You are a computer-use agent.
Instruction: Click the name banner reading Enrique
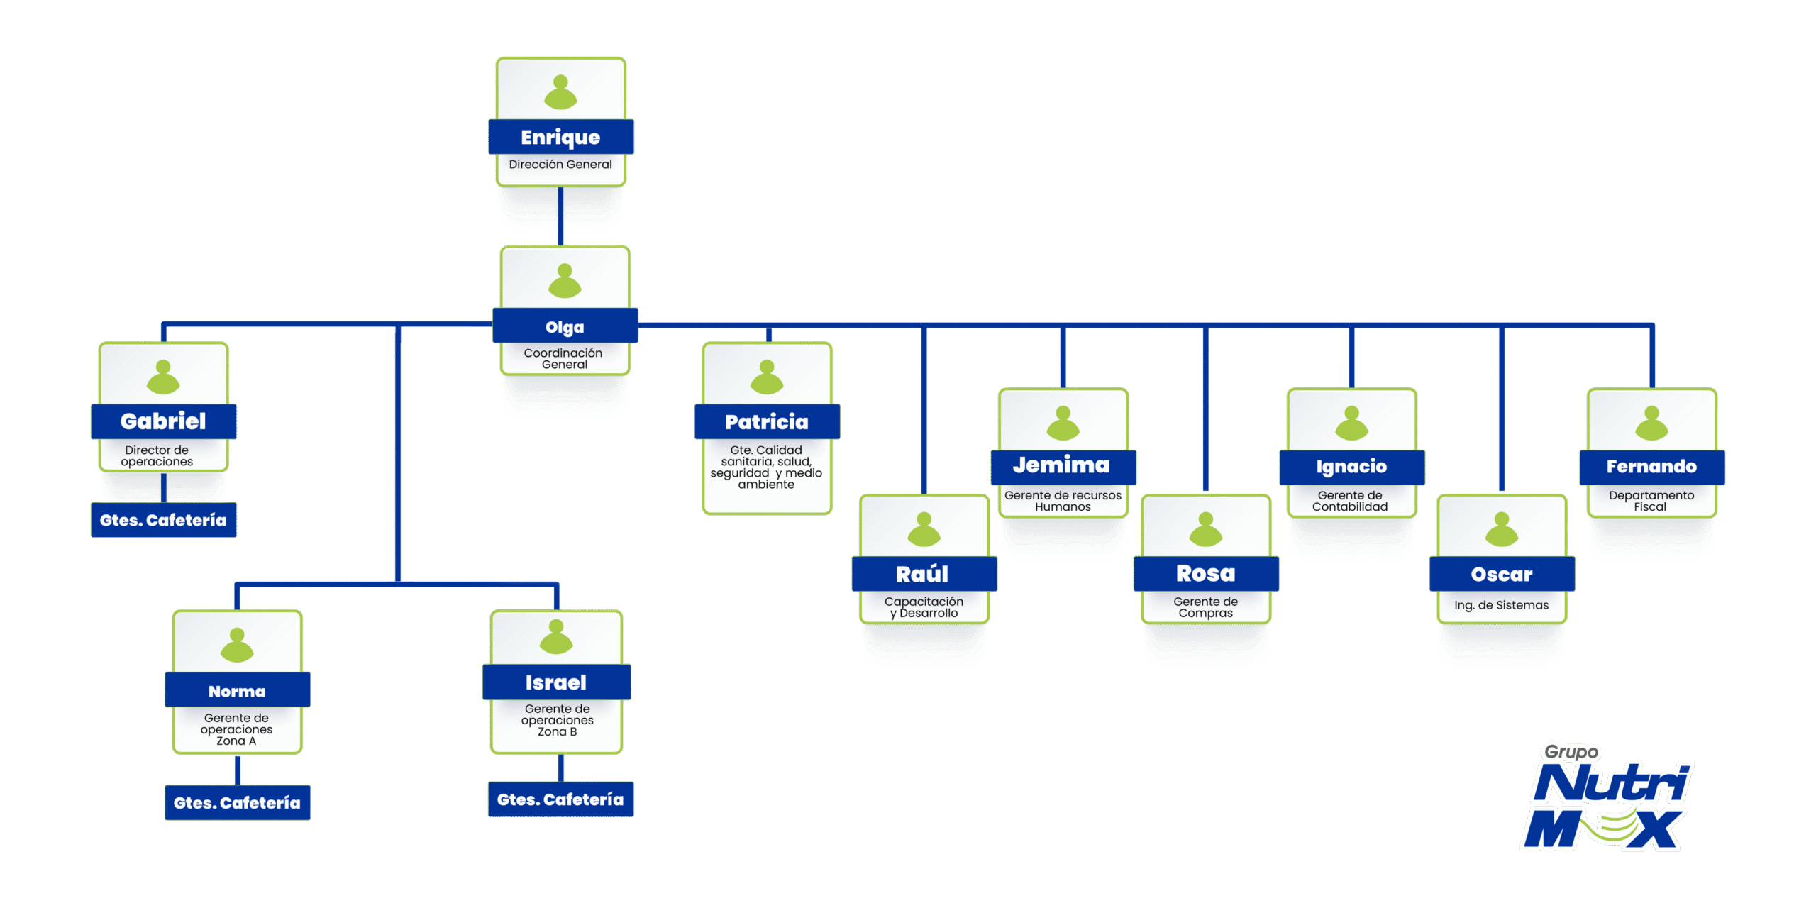click(x=560, y=137)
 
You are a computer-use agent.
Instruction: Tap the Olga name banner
click(x=565, y=326)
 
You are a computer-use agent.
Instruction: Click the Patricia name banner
click(x=767, y=422)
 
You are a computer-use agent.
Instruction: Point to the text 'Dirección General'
click(x=560, y=165)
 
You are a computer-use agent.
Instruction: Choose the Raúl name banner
click(x=923, y=574)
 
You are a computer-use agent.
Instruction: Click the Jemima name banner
click(x=1062, y=466)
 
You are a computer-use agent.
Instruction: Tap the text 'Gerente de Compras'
click(x=1205, y=607)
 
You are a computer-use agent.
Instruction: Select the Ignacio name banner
click(x=1351, y=467)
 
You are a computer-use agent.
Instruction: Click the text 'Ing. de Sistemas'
click(x=1501, y=605)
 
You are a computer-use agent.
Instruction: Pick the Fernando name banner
click(x=1651, y=467)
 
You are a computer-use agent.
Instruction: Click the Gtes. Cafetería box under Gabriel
click(x=163, y=520)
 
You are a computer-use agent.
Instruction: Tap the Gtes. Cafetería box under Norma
click(x=237, y=802)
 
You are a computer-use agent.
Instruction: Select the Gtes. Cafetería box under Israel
click(x=560, y=799)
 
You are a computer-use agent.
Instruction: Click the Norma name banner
click(x=237, y=691)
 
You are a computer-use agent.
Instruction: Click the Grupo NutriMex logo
click(x=1607, y=798)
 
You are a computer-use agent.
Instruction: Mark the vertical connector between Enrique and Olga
click(x=560, y=216)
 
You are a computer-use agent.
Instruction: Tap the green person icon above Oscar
click(x=1501, y=529)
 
